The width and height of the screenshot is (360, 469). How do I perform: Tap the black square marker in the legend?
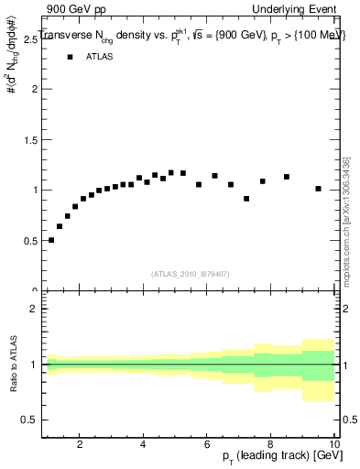coord(69,57)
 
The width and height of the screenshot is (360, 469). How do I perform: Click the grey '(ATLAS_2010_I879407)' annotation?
coord(190,273)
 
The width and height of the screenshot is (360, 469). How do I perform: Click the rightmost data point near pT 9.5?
coord(318,189)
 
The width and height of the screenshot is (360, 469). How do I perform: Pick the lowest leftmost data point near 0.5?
coord(51,240)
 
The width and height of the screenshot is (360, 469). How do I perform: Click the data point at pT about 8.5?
coord(287,177)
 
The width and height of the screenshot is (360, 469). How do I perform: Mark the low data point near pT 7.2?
coord(246,199)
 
